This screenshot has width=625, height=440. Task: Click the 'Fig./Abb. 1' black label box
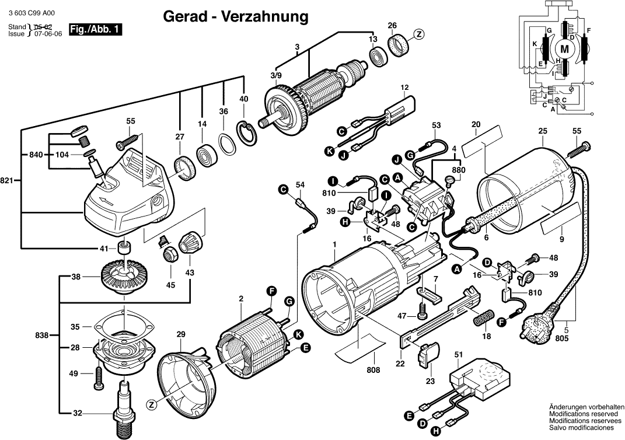click(96, 30)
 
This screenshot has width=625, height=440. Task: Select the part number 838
click(41, 336)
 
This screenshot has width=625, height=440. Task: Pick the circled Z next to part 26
click(418, 34)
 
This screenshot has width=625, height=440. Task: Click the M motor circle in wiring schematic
click(564, 48)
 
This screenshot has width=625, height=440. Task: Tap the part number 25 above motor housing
click(543, 131)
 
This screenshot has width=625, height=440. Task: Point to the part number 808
click(373, 370)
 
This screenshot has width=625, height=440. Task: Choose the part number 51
click(458, 354)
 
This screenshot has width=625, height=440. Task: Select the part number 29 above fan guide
click(180, 334)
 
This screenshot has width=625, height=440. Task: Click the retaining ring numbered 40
click(246, 127)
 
